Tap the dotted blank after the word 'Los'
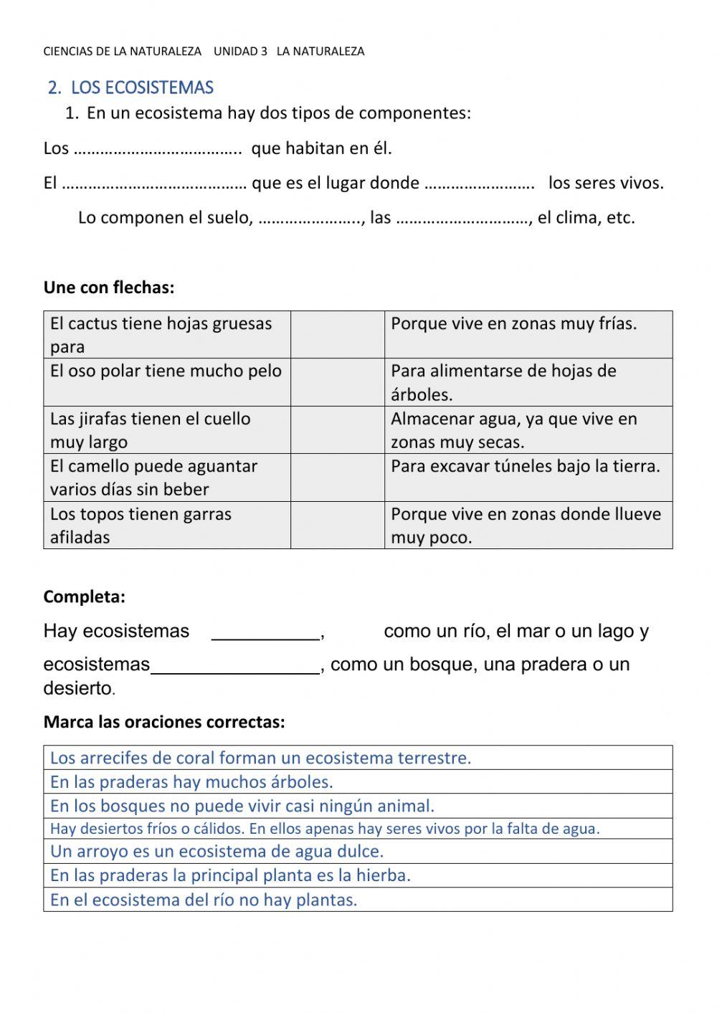click(x=158, y=150)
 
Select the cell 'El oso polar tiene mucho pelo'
click(x=166, y=371)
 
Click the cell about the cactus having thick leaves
click(x=166, y=335)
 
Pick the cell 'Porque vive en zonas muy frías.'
click(x=513, y=324)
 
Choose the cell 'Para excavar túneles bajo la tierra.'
click(x=526, y=467)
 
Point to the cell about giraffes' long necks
click(x=166, y=430)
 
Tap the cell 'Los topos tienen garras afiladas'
click(x=166, y=525)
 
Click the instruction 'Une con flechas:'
click(x=109, y=287)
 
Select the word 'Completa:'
click(x=85, y=596)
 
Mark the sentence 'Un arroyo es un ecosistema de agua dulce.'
click(x=217, y=852)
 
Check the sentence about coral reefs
click(x=261, y=758)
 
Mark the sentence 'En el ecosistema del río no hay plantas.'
click(x=204, y=900)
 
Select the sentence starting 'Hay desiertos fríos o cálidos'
click(x=325, y=829)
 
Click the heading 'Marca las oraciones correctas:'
click(x=164, y=722)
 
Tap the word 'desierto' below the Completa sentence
click(x=77, y=688)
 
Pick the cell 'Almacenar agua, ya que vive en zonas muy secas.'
click(x=513, y=430)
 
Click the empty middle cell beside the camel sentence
click(x=337, y=477)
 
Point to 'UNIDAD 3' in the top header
click(x=240, y=52)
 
